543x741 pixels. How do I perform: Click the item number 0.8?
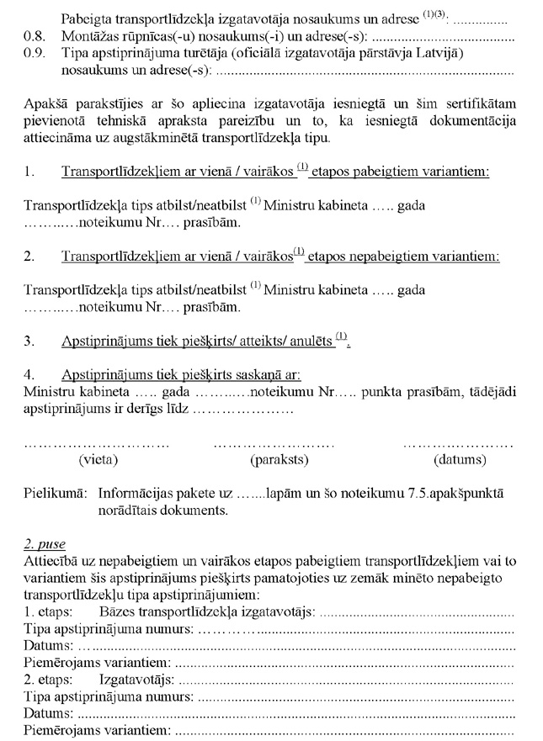(34, 38)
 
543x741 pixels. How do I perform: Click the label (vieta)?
(98, 460)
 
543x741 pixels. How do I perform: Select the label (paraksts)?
(279, 460)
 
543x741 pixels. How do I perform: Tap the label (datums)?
(460, 460)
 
